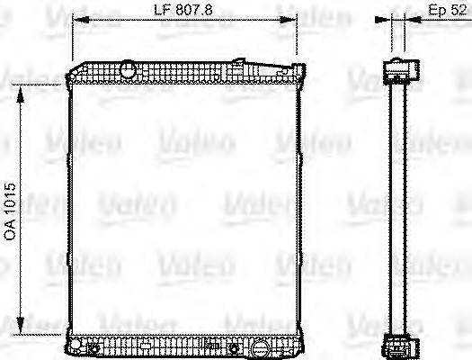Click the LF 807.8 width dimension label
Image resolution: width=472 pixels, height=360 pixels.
point(184,12)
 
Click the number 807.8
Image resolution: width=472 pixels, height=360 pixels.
point(195,12)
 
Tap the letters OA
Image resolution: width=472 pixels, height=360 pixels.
point(11,230)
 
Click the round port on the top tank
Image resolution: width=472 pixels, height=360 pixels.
point(128,68)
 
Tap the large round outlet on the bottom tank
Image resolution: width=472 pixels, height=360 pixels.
point(260,345)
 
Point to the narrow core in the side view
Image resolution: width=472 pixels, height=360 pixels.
point(397,207)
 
